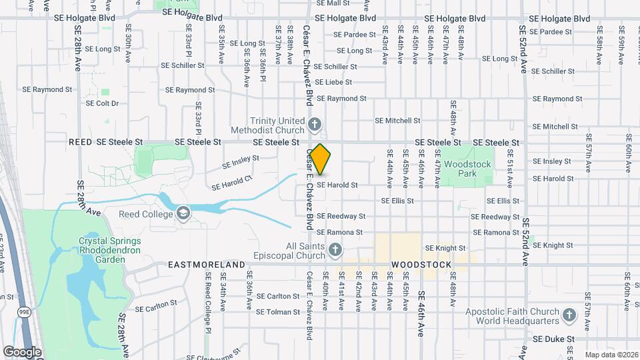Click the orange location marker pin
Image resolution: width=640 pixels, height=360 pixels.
click(x=321, y=159)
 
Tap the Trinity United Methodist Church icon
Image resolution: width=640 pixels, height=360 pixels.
click(x=315, y=124)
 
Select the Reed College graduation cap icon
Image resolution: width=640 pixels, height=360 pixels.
click(x=182, y=214)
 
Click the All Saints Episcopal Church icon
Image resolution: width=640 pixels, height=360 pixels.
click(x=335, y=250)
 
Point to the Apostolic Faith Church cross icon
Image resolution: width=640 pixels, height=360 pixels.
click(x=569, y=315)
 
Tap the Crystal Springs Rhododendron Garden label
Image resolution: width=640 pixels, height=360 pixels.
click(x=102, y=250)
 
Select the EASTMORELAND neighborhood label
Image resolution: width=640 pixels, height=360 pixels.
click(x=206, y=265)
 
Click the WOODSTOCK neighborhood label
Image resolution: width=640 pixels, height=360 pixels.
click(x=421, y=265)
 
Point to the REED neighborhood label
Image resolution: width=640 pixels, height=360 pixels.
click(x=79, y=142)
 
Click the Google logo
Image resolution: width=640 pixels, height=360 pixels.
click(x=22, y=351)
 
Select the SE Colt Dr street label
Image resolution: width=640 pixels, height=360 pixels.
click(x=98, y=103)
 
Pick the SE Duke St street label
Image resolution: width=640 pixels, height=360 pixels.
click(x=553, y=339)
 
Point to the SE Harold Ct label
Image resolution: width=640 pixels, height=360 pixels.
click(x=232, y=182)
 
